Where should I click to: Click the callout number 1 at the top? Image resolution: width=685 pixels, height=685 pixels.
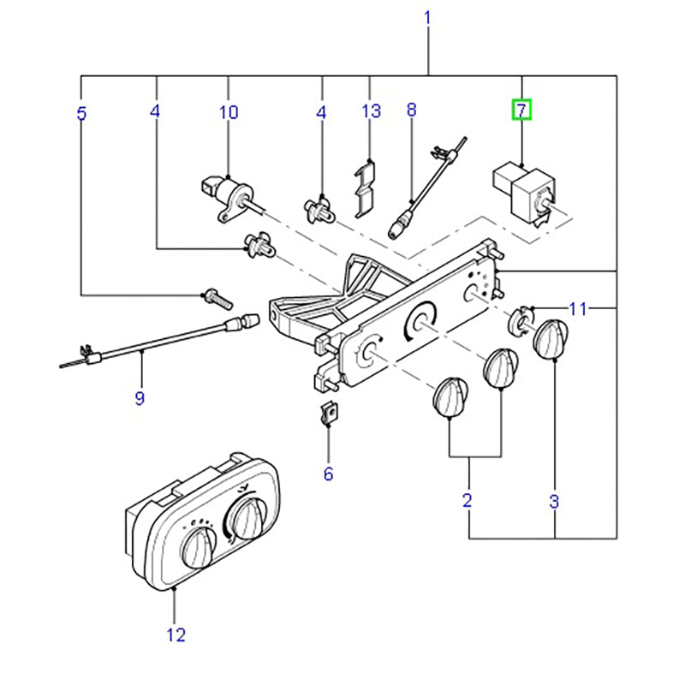click(427, 17)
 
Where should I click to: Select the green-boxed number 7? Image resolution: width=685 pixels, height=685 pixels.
click(521, 110)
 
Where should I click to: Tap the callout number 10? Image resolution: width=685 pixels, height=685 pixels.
click(229, 112)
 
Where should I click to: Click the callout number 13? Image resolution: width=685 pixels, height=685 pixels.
click(370, 111)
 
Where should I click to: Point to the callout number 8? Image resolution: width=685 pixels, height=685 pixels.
click(411, 110)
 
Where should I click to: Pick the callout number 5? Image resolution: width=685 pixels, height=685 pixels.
click(81, 112)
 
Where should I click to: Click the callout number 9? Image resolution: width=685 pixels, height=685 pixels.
click(140, 397)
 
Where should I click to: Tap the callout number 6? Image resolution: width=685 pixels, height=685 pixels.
click(328, 473)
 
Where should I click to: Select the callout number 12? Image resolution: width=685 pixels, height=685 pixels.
click(175, 634)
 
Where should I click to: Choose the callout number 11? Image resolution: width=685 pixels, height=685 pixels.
click(579, 308)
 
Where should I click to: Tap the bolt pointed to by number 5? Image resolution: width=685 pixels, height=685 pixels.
click(217, 299)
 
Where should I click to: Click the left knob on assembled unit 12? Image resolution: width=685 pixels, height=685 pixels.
click(200, 546)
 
